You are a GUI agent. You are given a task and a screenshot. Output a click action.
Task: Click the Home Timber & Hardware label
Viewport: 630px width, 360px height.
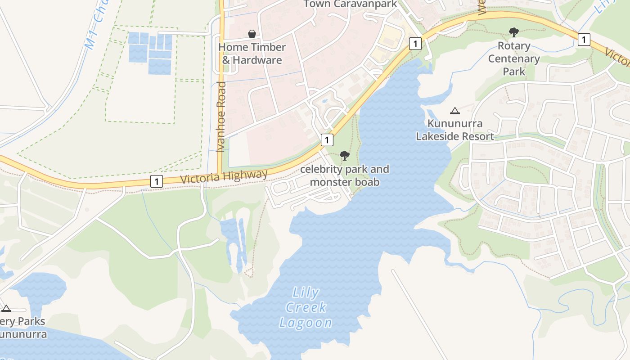252,54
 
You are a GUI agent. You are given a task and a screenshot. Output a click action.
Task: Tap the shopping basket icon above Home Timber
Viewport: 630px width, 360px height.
252,34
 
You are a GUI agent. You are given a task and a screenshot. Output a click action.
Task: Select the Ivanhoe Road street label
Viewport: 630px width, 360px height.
220,117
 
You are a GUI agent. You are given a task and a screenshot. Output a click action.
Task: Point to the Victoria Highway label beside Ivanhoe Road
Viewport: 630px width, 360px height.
224,177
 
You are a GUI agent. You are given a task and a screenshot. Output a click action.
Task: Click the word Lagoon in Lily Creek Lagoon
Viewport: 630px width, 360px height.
306,322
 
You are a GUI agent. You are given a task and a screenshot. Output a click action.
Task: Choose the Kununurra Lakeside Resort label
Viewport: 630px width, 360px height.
455,130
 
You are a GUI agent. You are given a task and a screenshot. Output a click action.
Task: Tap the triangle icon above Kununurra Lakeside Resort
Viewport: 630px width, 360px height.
455,111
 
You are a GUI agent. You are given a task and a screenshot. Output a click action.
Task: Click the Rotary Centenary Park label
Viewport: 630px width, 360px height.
514,58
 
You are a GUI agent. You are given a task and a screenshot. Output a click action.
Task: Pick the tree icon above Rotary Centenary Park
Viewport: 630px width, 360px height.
513,32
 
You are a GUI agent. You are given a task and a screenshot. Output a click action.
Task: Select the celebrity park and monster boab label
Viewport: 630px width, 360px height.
345,175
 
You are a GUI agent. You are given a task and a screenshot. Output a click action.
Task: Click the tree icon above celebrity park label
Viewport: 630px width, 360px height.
345,156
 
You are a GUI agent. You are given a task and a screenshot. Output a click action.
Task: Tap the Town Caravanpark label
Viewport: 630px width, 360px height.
351,4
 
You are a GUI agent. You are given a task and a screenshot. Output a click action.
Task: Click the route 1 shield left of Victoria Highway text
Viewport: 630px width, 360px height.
156,181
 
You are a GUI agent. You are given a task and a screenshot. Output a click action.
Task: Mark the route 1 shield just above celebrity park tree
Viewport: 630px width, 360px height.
327,139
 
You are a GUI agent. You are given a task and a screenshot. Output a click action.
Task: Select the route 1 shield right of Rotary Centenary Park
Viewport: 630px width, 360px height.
584,40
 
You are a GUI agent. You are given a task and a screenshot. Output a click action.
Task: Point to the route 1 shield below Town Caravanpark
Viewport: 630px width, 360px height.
415,44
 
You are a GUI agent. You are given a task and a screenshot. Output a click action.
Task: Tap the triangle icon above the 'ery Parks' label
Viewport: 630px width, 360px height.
6,308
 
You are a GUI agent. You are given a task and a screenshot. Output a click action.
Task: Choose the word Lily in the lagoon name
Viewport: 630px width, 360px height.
306,293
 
